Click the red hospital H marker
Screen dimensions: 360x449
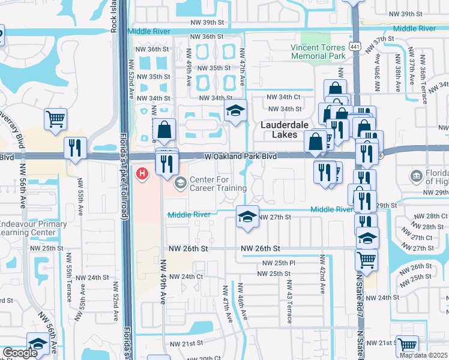click(142, 174)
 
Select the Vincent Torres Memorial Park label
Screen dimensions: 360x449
click(318, 52)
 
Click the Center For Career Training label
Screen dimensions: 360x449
click(218, 184)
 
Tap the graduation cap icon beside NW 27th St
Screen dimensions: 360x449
click(246, 217)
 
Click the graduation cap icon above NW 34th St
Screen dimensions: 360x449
click(236, 110)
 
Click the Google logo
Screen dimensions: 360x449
click(20, 353)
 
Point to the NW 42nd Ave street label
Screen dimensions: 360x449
click(322, 275)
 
